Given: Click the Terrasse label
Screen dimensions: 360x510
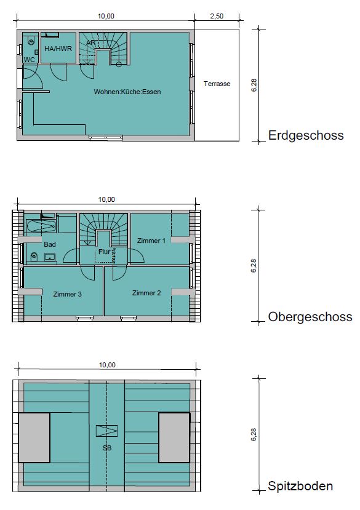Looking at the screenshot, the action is click(x=217, y=84).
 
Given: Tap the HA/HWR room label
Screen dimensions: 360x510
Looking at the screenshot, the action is click(x=58, y=49).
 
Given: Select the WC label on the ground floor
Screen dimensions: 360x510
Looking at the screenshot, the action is click(x=30, y=60).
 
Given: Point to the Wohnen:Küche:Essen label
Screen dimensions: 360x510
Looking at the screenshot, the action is click(x=127, y=92).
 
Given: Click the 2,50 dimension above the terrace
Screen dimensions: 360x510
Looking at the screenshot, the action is click(x=217, y=16).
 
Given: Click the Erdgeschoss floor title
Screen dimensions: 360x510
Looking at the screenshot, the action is click(x=306, y=135).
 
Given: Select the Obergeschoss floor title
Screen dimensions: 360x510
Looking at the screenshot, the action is click(x=310, y=317).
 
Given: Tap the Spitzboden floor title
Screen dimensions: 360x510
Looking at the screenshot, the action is click(x=300, y=486).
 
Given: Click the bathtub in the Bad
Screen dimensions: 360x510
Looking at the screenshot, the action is click(x=41, y=226).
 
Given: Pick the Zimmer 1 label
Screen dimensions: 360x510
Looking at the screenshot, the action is click(x=151, y=241).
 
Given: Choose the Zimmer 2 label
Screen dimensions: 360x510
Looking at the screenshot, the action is click(x=146, y=293).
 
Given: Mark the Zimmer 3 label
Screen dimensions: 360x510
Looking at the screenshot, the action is click(x=67, y=294).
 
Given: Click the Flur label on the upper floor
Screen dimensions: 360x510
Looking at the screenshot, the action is click(x=105, y=252).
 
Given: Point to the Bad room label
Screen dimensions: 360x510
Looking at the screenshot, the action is click(x=50, y=244).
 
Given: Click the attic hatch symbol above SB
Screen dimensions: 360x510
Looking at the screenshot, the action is click(x=106, y=431).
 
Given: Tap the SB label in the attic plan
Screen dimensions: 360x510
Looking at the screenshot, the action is click(x=107, y=448).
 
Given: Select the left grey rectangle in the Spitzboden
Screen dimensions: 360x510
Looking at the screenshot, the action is click(x=34, y=437).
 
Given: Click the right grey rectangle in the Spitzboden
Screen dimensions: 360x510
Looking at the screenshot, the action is click(x=174, y=437).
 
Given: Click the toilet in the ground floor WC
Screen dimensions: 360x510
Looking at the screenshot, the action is click(x=31, y=40).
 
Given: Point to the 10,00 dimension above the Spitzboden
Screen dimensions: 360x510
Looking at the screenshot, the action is click(x=107, y=365).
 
